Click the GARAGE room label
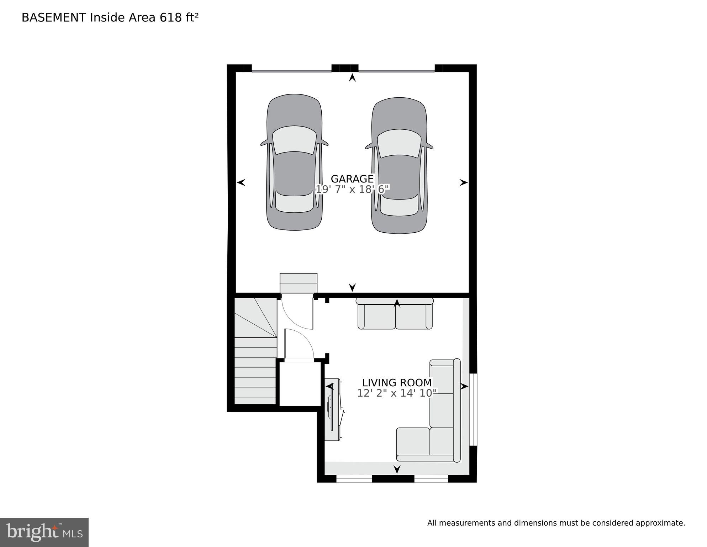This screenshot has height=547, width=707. (352, 179)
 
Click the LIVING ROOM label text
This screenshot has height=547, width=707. (397, 383)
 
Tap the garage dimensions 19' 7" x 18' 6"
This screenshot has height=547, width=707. (352, 189)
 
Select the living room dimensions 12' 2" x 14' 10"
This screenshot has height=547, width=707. (397, 393)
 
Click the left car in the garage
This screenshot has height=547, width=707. (294, 162)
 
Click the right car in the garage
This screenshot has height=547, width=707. (399, 166)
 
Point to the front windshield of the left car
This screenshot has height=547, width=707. (294, 140)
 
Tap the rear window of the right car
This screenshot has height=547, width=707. (399, 206)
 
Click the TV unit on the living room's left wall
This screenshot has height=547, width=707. (333, 410)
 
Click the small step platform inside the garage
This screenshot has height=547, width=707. (298, 283)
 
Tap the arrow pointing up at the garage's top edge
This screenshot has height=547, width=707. (352, 77)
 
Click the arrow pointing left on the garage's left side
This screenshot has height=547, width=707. (241, 182)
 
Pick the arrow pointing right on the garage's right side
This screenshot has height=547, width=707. (463, 182)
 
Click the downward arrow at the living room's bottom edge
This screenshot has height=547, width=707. (397, 469)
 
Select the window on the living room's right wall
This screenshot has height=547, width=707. (473, 409)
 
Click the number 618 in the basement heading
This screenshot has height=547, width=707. (170, 17)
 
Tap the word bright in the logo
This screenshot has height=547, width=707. (32, 532)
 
